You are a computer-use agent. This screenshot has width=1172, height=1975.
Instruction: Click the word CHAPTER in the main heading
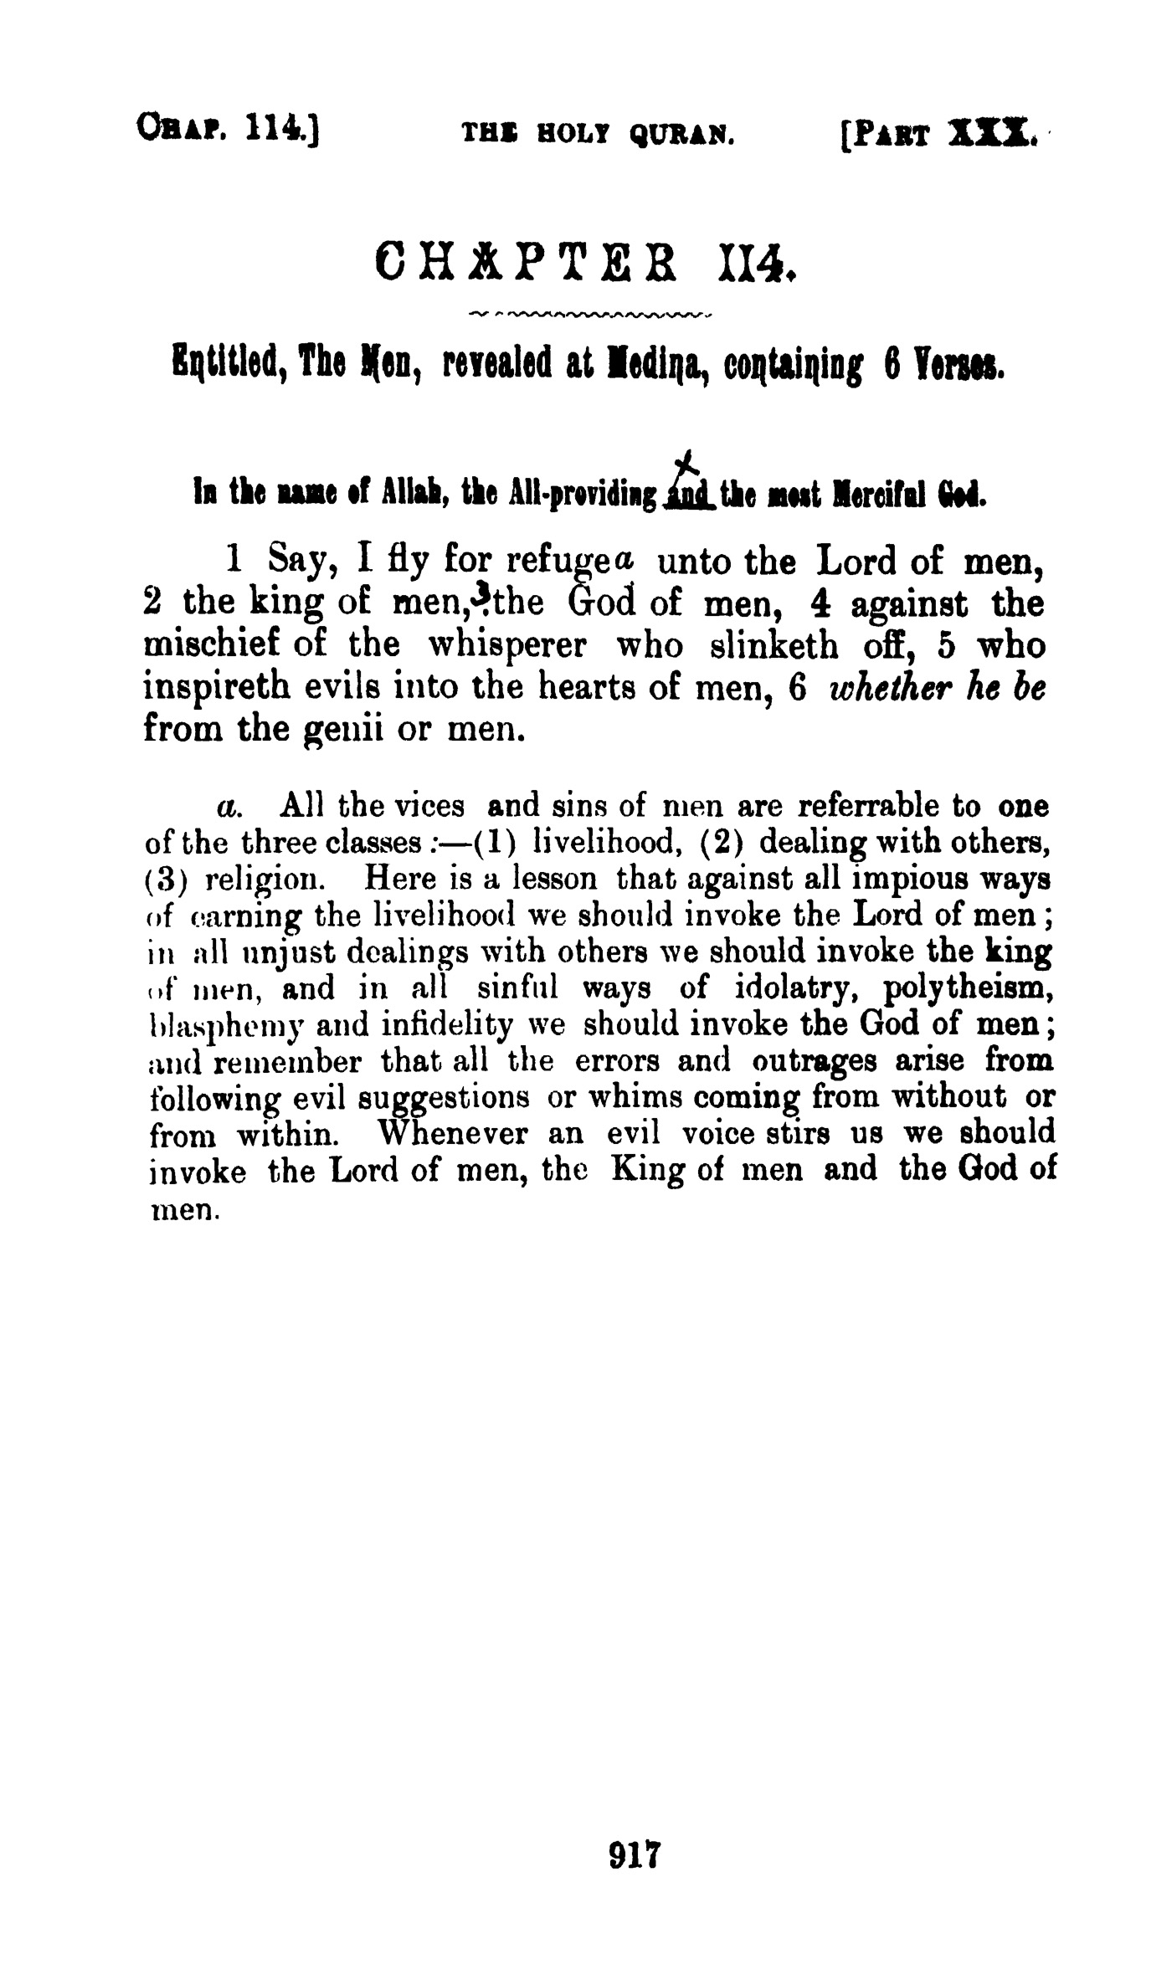click(532, 262)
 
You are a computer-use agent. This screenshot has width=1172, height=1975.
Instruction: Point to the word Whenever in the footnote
click(454, 1135)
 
